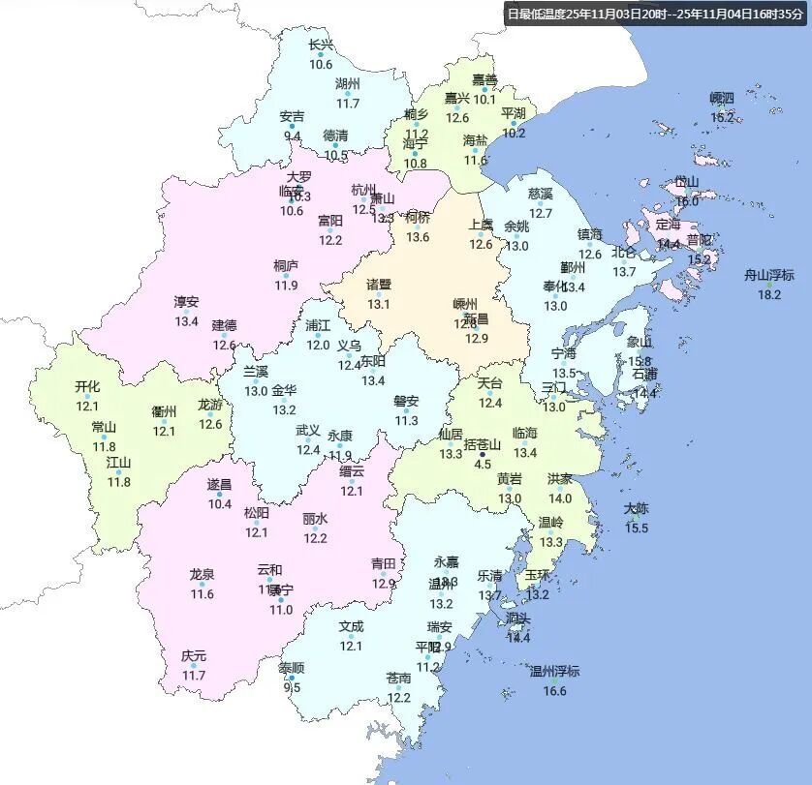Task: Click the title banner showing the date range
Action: (655, 15)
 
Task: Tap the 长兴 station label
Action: (321, 45)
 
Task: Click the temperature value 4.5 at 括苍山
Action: (483, 465)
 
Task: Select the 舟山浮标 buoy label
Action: (768, 275)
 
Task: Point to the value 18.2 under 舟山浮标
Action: (768, 294)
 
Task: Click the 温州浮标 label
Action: (554, 671)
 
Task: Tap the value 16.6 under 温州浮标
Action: (554, 690)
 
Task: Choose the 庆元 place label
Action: (194, 655)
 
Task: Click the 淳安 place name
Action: (186, 302)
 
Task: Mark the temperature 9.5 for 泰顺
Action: (292, 687)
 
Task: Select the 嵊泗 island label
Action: (722, 98)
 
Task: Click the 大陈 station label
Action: (637, 508)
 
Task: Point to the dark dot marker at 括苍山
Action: (483, 453)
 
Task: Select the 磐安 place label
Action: (406, 401)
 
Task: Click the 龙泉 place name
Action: (203, 574)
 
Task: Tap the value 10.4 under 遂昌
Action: (220, 503)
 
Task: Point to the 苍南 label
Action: (399, 678)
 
